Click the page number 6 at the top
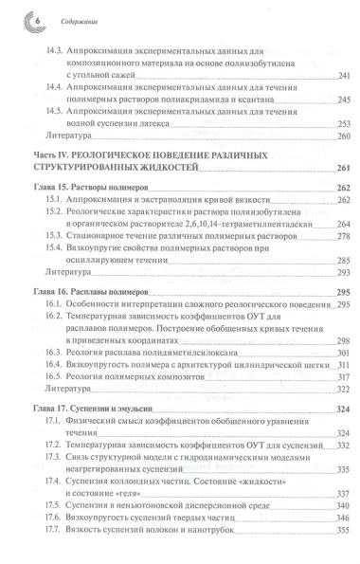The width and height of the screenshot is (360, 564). pos(13,15)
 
